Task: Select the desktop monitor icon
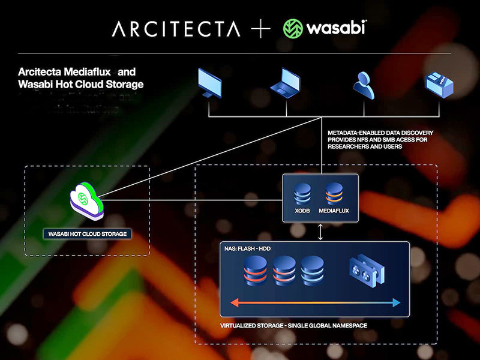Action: click(209, 83)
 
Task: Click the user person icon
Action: click(364, 84)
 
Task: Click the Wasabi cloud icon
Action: click(86, 196)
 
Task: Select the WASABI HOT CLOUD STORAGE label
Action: click(88, 233)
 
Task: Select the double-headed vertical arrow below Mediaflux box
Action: click(320, 232)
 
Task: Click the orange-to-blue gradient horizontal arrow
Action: click(316, 303)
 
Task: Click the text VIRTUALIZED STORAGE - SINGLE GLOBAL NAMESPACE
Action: click(293, 325)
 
